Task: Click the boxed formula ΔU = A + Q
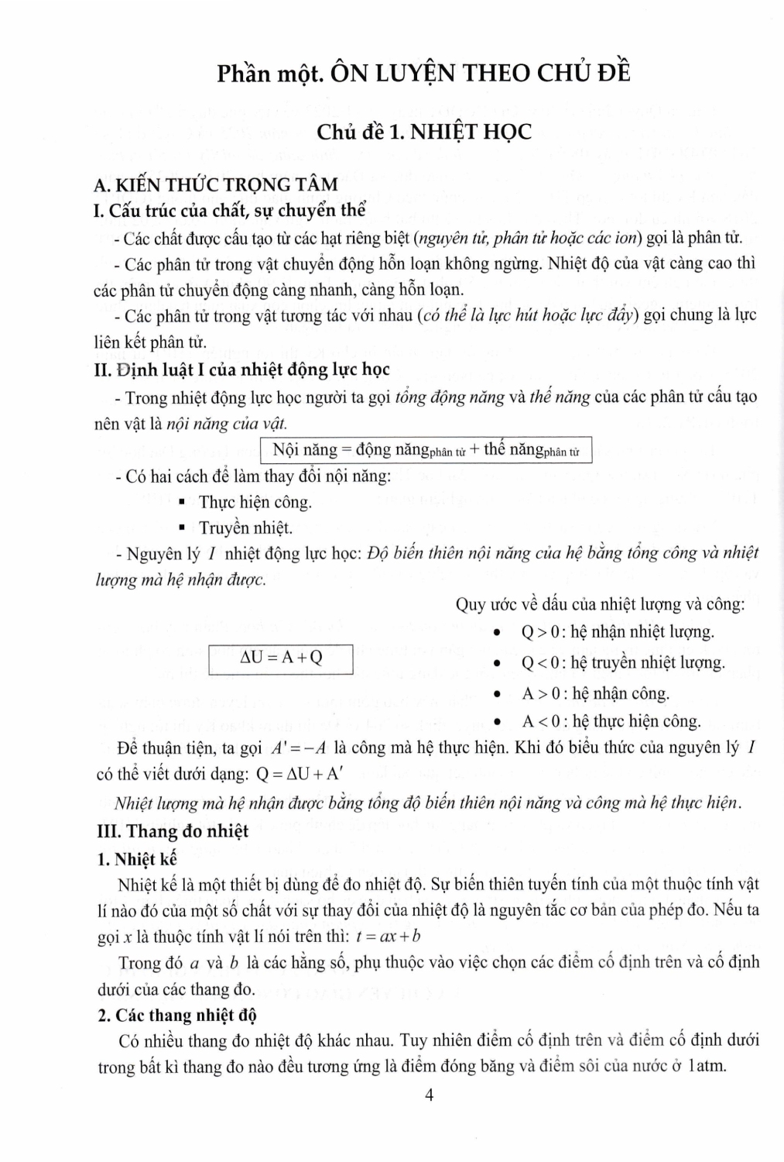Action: [x=281, y=658]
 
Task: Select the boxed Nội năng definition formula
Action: [x=426, y=450]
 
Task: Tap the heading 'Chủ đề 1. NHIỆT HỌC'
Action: [x=424, y=132]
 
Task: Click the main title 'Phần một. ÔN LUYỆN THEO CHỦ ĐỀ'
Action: [x=423, y=74]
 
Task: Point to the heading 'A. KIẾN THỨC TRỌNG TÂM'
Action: [x=215, y=184]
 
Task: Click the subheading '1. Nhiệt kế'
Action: [x=138, y=858]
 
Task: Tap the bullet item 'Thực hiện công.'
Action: [x=255, y=502]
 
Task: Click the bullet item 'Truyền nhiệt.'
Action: [x=245, y=528]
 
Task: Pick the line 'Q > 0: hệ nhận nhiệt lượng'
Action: [x=618, y=632]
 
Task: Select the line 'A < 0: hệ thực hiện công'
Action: [x=611, y=721]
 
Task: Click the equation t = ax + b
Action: [x=389, y=936]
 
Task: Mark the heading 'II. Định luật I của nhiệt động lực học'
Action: [x=241, y=370]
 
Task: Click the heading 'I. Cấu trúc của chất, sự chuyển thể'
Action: [x=229, y=210]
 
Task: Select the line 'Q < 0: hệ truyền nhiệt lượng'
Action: [x=623, y=663]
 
